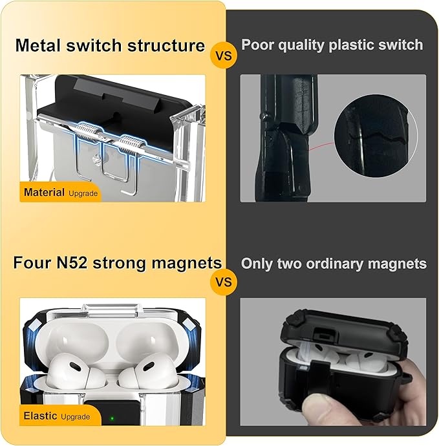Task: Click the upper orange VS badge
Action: [224, 55]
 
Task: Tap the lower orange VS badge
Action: [224, 282]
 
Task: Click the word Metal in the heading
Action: [38, 45]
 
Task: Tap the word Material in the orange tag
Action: [44, 192]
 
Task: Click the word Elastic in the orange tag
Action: [40, 416]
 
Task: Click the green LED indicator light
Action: [112, 418]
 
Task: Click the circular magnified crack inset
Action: [376, 136]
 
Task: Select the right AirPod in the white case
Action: [147, 370]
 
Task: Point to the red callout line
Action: [322, 146]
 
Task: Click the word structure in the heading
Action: [166, 45]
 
